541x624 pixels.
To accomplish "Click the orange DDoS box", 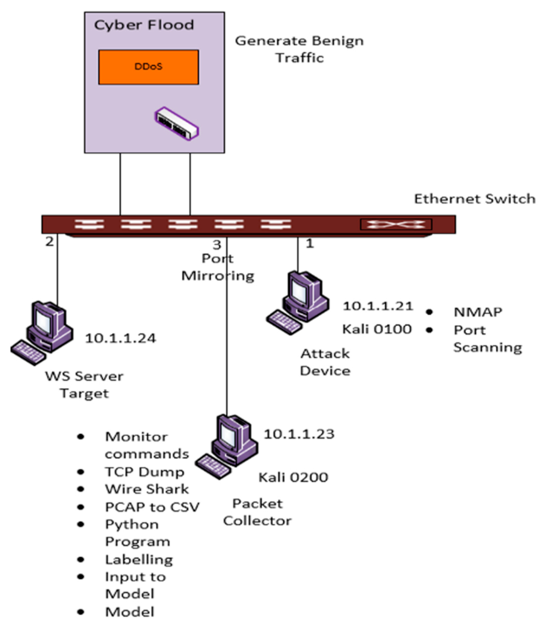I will pyautogui.click(x=148, y=67).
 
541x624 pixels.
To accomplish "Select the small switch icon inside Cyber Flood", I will pyautogui.click(x=177, y=124).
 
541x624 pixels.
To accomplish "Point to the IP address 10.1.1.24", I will pyautogui.click(x=121, y=338).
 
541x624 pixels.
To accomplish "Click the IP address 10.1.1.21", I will pyautogui.click(x=378, y=306).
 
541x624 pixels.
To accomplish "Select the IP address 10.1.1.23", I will pyautogui.click(x=299, y=434).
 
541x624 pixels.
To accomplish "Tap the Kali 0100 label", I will pyautogui.click(x=377, y=329).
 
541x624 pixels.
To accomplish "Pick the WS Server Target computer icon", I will pyautogui.click(x=42, y=332).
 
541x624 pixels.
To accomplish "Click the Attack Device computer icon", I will pyautogui.click(x=297, y=302).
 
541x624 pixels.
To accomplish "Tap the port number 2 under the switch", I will pyautogui.click(x=49, y=241).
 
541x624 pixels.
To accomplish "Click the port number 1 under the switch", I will pyautogui.click(x=310, y=243).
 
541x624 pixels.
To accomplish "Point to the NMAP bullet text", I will pyautogui.click(x=478, y=312).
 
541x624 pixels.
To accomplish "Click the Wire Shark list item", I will pyautogui.click(x=147, y=489).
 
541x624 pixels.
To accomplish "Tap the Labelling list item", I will pyautogui.click(x=139, y=560).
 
